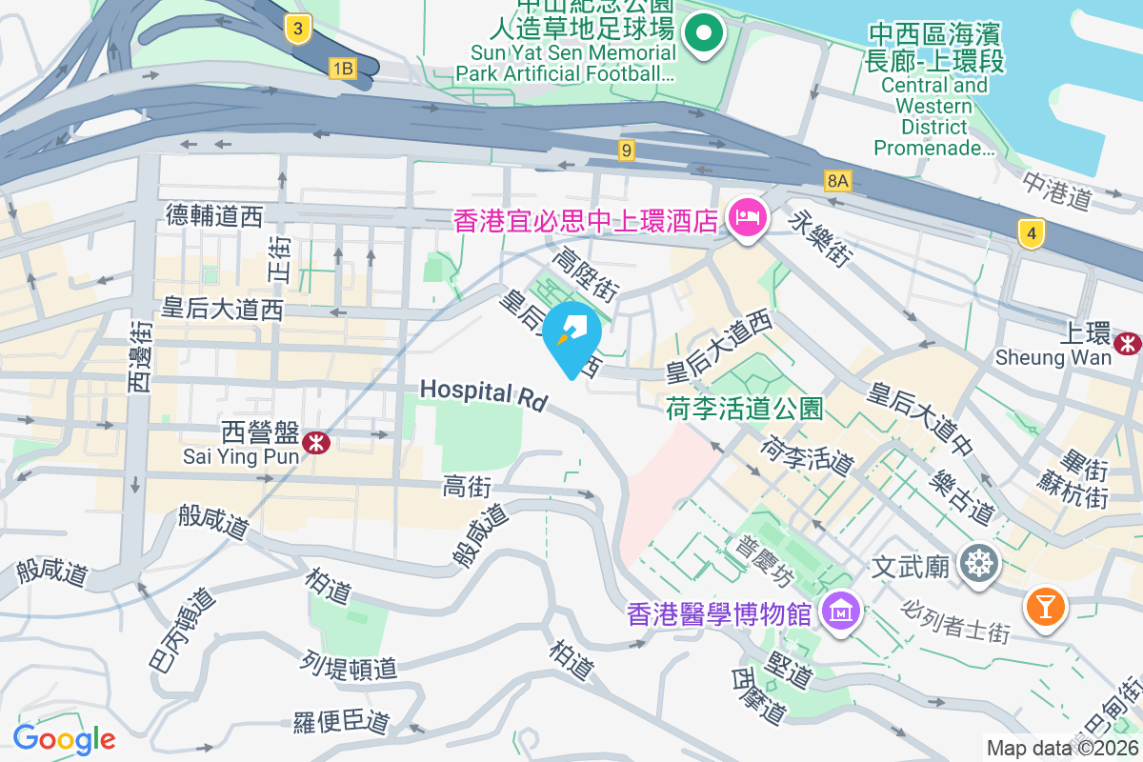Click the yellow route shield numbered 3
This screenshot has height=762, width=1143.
[298, 30]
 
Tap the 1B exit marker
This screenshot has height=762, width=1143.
[342, 68]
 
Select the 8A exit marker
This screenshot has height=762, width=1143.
[837, 180]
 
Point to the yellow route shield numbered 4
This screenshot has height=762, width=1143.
[1029, 232]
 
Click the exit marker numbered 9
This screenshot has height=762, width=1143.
[626, 150]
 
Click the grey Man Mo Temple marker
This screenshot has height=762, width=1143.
[979, 564]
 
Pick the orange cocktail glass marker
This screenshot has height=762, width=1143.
[1045, 606]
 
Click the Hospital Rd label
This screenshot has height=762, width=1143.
[484, 395]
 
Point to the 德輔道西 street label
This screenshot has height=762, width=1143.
[213, 216]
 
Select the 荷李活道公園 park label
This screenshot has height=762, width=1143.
[745, 410]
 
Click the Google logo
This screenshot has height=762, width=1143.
[64, 738]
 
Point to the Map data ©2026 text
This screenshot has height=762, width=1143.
[1062, 748]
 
